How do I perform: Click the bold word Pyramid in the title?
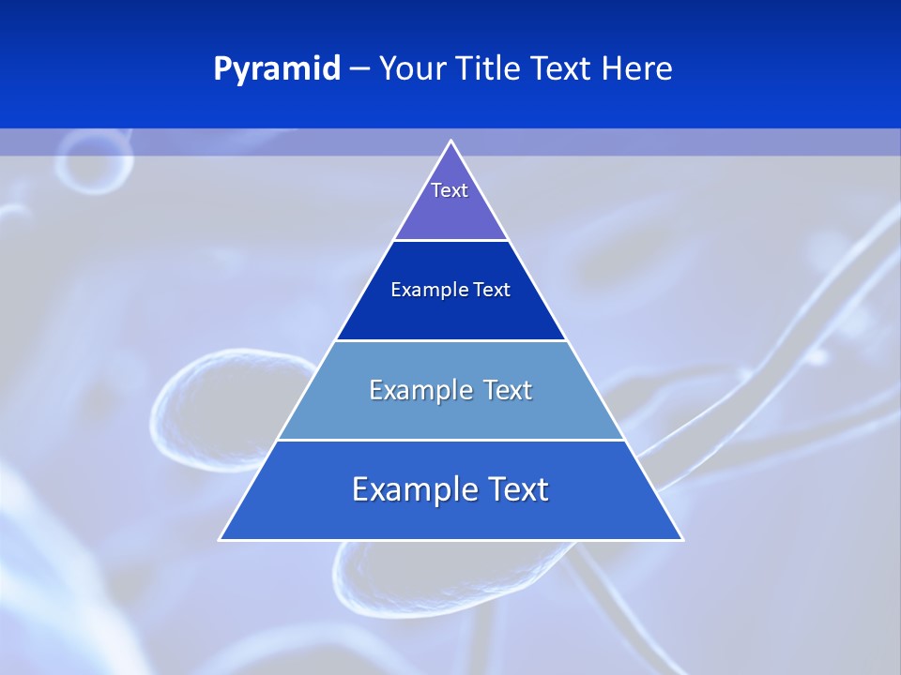(276, 69)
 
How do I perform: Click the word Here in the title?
(637, 69)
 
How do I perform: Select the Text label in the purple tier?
(450, 190)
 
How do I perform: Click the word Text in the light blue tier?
(509, 390)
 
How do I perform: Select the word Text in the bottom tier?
(518, 489)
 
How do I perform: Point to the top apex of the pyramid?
(451, 142)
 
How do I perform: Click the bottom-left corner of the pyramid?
(221, 539)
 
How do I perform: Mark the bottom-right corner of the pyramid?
(681, 539)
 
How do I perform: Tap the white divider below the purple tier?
(451, 241)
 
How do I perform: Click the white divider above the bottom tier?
(451, 440)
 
